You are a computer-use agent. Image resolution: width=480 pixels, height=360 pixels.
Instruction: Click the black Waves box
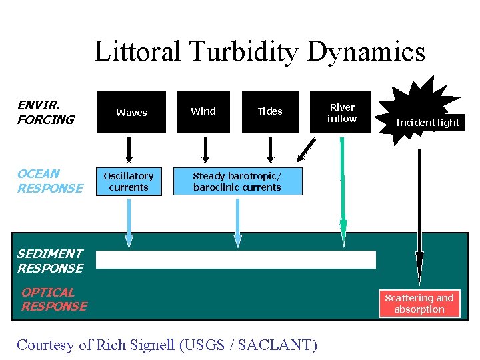coord(131,112)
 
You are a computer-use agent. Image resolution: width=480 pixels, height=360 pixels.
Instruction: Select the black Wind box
coord(203,111)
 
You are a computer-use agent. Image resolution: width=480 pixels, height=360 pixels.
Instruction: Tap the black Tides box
coord(270,111)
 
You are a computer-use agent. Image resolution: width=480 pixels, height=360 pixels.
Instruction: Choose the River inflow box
coord(343,112)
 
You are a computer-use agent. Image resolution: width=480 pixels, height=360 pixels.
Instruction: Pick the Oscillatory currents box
coord(129,181)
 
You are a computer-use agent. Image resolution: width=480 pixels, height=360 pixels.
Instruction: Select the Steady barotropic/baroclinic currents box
coord(237,181)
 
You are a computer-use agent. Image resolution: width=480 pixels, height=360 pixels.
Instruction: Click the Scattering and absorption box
coord(419,303)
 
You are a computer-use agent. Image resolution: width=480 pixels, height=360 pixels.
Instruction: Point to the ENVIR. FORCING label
coord(45,113)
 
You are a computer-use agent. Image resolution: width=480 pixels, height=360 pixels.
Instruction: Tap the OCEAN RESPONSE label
coord(51,181)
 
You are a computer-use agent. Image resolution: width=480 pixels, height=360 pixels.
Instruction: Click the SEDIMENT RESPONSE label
coord(50,261)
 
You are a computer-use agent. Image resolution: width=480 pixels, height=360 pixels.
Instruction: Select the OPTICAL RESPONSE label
coord(54,299)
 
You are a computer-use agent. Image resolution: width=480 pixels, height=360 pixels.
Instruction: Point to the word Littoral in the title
coord(137,51)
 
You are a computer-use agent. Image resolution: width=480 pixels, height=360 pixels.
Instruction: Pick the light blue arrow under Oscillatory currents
coord(129,220)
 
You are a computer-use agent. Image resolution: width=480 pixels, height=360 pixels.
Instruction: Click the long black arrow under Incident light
coord(419,213)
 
